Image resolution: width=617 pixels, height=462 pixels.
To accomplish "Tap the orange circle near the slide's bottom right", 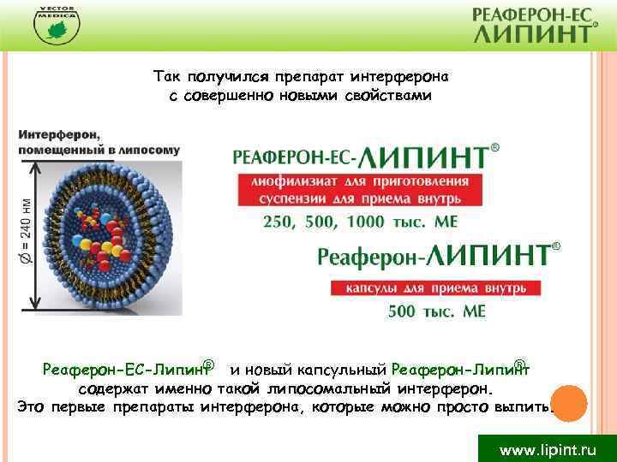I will [x=566, y=401].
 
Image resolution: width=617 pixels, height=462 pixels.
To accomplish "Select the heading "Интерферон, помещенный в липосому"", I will [x=99, y=142].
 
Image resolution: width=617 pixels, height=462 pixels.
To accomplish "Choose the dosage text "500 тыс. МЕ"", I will [x=436, y=311].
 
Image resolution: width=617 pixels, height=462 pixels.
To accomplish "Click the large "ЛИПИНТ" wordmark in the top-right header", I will [x=532, y=33].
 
